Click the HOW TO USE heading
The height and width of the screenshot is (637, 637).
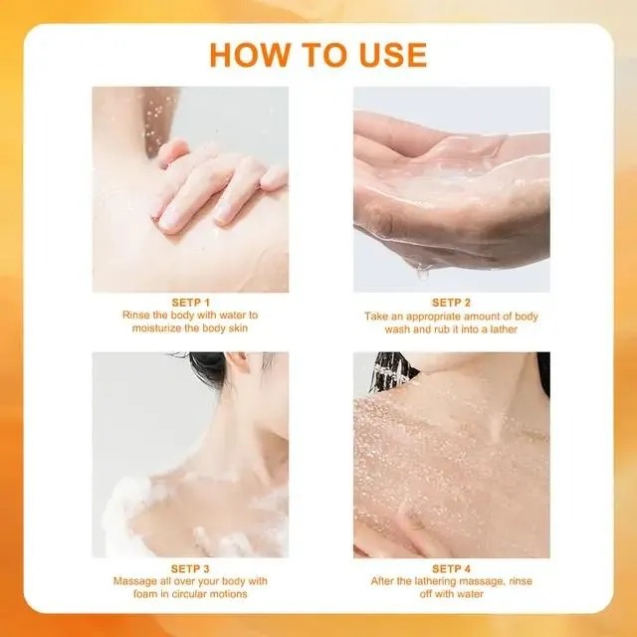pos(318,54)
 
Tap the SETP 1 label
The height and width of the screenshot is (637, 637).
pos(190,302)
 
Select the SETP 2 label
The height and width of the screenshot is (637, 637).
pos(451,302)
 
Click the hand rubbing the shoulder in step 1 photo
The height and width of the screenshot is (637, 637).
pos(214,184)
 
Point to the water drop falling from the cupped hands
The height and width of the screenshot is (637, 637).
pos(423,268)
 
